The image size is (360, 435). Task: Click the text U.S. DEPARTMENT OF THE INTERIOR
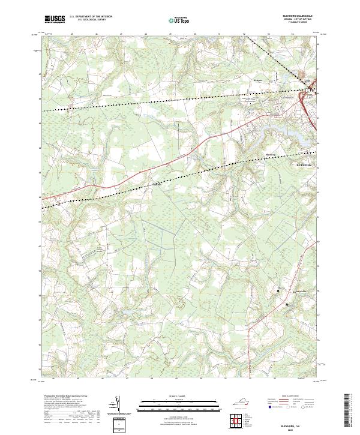91,16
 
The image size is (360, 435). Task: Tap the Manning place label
270,154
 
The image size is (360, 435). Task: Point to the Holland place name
157,185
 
